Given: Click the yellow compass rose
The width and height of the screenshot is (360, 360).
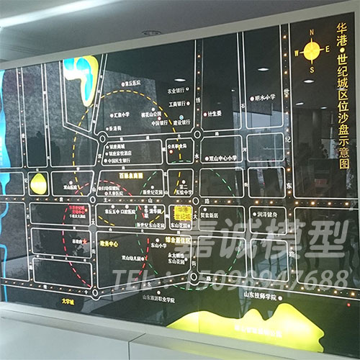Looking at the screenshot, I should [x=312, y=50].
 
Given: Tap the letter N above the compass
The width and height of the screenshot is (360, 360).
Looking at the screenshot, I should [x=312, y=32].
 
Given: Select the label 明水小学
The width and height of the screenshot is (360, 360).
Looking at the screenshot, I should [x=264, y=97].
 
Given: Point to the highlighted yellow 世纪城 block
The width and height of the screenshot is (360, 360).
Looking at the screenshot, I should [x=181, y=213].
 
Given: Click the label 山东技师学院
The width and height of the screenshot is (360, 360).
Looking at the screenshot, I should [x=260, y=294].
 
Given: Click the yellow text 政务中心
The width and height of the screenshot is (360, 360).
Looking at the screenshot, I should [x=110, y=243].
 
